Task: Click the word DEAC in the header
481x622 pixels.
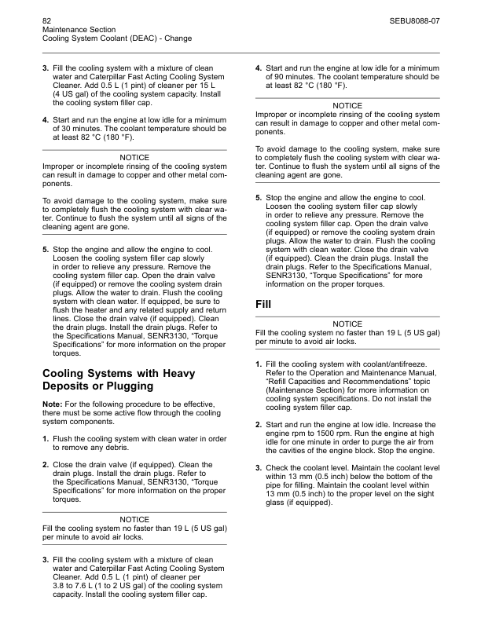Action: click(x=141, y=38)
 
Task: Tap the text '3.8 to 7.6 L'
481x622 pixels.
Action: click(x=75, y=587)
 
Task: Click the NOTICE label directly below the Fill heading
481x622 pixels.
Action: click(x=347, y=324)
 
